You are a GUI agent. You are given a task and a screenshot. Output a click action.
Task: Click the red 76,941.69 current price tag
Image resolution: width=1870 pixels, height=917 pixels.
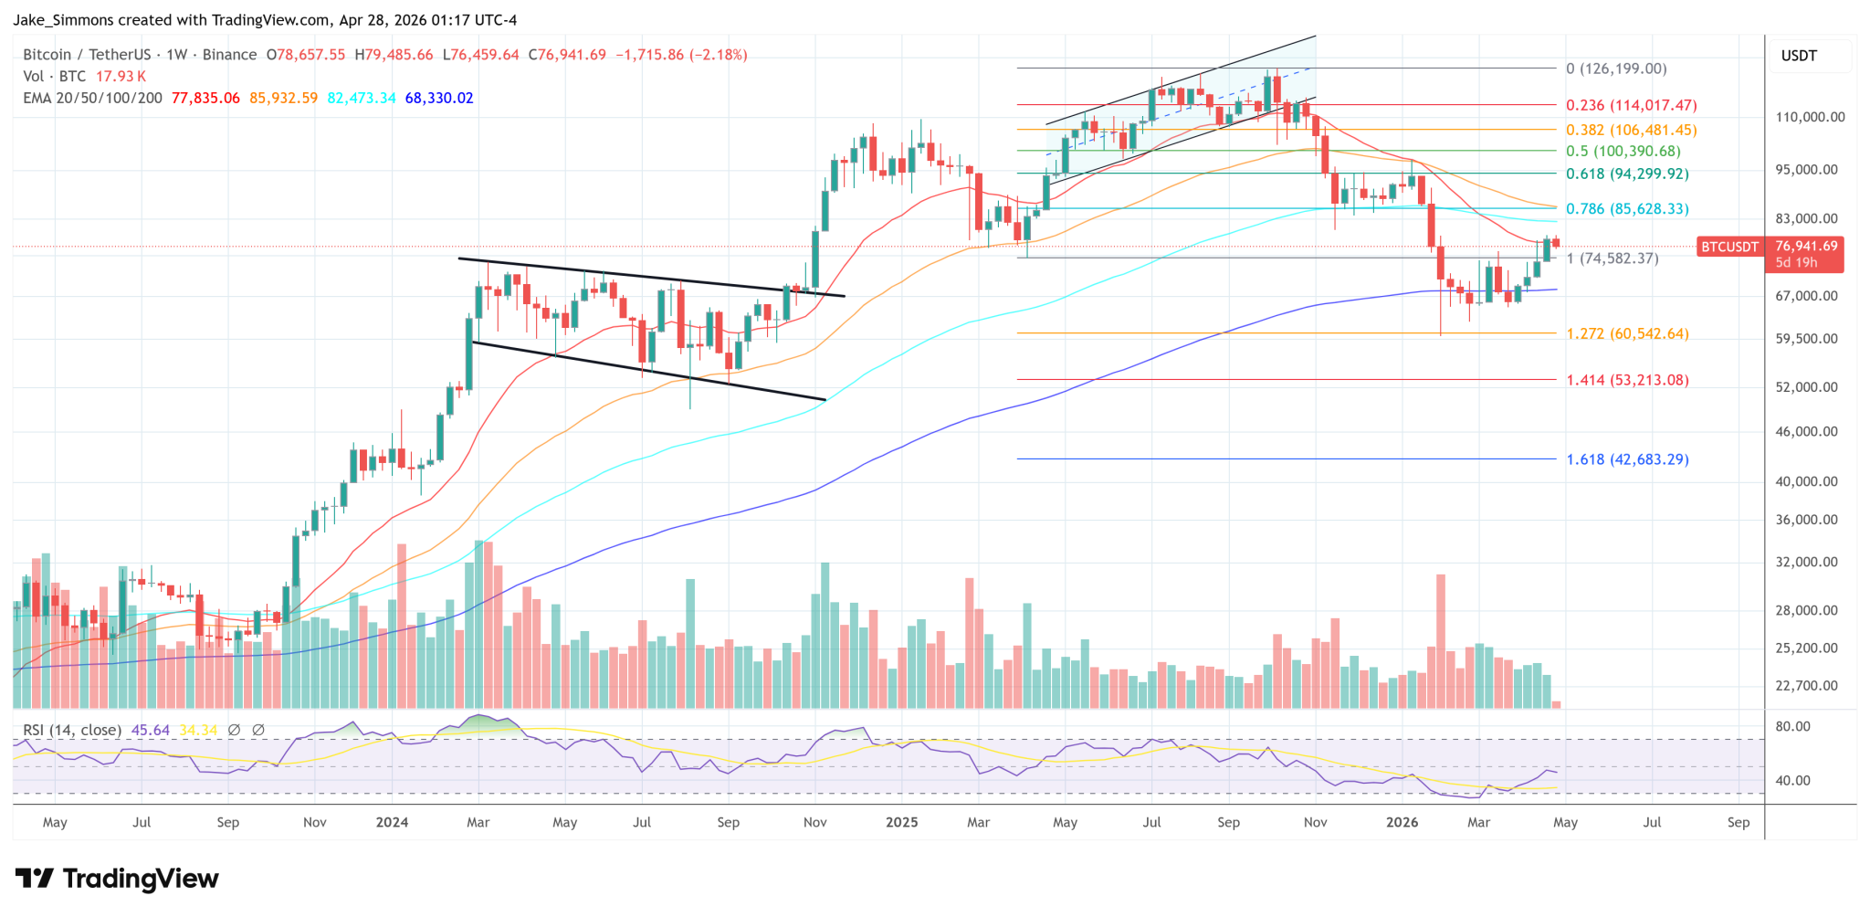[1806, 247]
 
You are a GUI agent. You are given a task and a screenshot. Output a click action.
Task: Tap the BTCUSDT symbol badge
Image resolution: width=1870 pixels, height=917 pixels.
[1729, 247]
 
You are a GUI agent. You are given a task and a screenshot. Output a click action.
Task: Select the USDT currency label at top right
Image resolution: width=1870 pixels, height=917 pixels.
[1799, 56]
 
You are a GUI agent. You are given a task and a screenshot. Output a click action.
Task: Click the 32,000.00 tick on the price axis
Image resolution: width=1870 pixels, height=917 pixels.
[1806, 562]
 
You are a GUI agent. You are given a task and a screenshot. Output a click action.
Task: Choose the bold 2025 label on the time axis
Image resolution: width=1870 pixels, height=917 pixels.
[901, 822]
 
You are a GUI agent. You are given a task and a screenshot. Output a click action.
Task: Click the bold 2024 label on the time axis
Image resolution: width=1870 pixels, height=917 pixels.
[392, 822]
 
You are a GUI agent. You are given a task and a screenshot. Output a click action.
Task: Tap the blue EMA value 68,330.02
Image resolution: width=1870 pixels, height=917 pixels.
[439, 98]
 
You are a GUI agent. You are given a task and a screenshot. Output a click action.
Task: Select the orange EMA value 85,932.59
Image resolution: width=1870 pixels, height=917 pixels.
[283, 98]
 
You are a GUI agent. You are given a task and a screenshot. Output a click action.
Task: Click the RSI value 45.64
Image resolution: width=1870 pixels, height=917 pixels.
[151, 730]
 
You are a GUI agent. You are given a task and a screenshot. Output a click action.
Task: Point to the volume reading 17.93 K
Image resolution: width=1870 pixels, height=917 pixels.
[121, 77]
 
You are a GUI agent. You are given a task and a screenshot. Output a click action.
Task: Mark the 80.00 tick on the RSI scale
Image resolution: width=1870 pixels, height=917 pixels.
[1792, 727]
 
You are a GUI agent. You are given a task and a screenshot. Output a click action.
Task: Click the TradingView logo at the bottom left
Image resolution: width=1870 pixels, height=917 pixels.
[117, 879]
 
